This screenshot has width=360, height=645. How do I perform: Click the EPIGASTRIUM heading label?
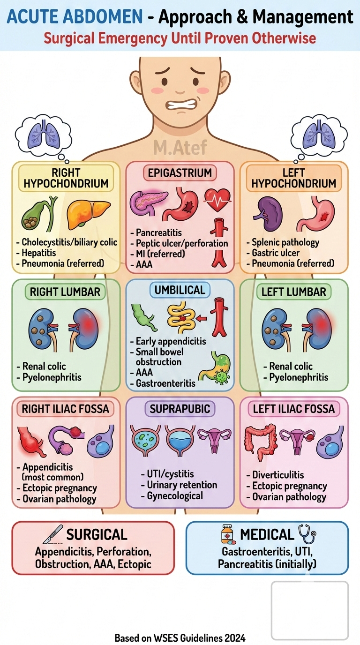point(180,173)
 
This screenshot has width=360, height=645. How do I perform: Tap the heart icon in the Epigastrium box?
point(217,200)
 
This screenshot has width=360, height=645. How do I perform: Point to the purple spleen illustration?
point(268,214)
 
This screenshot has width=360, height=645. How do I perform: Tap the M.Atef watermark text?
point(180,148)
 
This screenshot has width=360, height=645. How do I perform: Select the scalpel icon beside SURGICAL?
point(53,534)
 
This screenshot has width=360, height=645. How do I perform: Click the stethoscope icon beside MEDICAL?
point(307,534)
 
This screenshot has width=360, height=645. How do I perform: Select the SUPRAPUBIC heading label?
point(180,409)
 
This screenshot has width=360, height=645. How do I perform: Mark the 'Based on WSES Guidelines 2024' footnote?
point(180,638)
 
